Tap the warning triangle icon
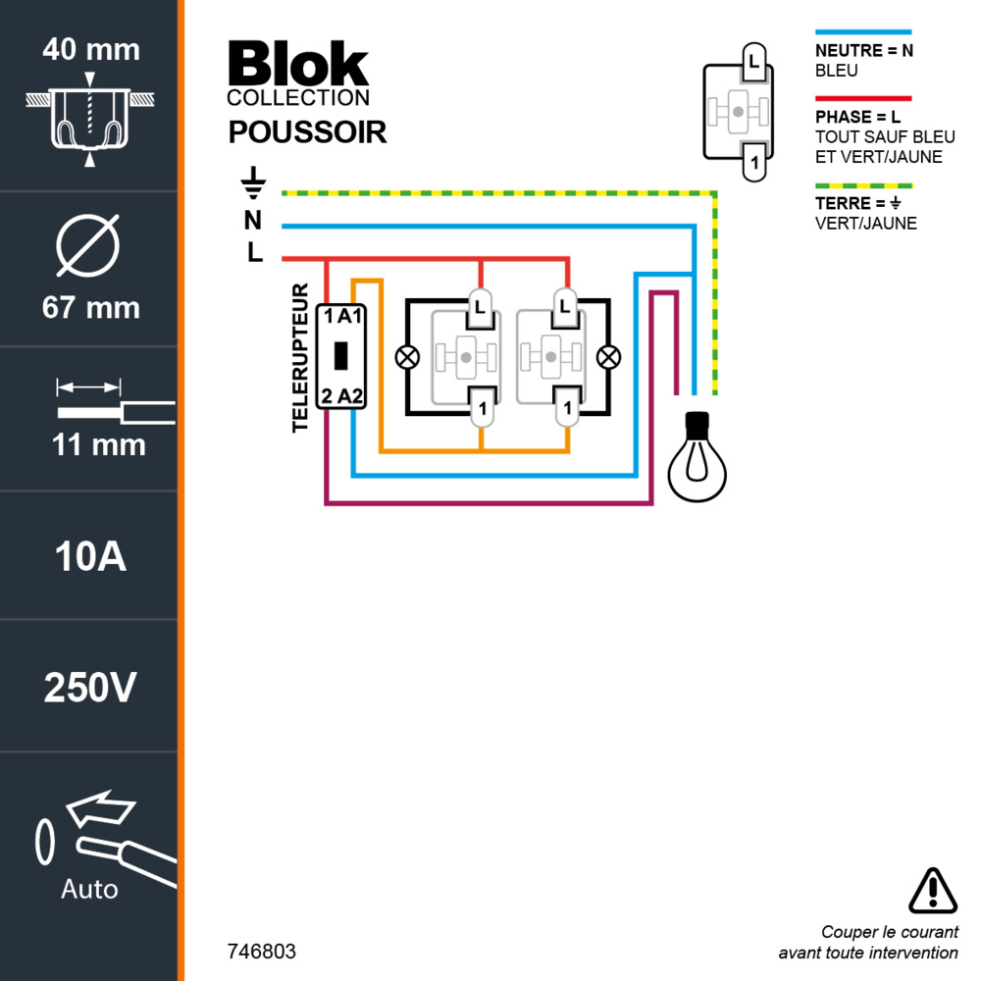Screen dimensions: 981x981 932,891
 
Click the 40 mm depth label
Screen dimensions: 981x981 90,49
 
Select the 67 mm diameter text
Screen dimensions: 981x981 90,308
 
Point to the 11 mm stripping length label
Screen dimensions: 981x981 98,444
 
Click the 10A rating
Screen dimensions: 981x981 90,556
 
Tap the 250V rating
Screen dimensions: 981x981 90,689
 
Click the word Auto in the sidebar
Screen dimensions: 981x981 89,889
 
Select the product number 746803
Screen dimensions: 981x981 261,952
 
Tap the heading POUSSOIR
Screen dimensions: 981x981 307,132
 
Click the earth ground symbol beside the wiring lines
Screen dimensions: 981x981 253,182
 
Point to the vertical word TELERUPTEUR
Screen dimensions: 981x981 301,358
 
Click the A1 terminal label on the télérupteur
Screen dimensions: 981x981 350,315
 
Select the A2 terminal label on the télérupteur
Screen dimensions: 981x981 350,396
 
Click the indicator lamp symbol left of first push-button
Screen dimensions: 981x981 406,357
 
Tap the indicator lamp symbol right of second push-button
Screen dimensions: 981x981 609,357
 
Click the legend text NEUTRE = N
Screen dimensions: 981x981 863,51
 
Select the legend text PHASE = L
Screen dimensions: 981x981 857,117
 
